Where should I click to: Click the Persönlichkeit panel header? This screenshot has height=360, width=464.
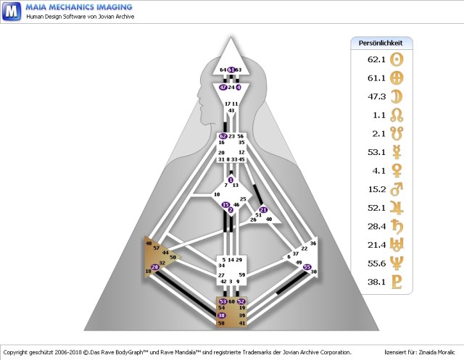[381, 43]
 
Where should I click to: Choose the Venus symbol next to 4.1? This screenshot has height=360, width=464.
[397, 172]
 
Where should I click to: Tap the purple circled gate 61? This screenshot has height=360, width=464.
[231, 70]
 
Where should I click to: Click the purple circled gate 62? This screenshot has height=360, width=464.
[223, 135]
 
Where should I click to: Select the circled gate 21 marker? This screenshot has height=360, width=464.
[263, 210]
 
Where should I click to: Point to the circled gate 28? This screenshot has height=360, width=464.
[154, 267]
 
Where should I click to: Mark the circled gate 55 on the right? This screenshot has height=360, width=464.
[307, 267]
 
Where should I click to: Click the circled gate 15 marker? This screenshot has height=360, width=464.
[226, 205]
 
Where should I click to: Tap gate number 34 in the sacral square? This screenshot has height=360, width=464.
[221, 266]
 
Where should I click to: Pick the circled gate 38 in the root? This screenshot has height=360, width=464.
[222, 316]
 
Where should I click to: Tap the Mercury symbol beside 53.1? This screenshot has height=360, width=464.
[397, 153]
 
